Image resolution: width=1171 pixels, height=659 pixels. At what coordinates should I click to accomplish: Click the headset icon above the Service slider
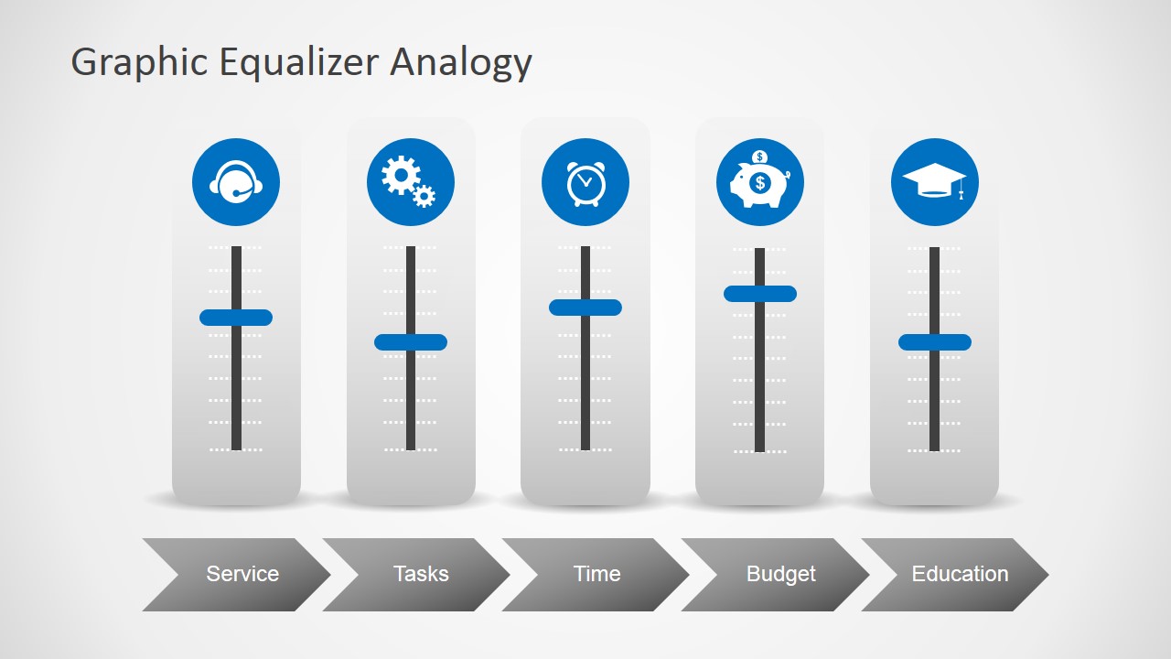[236, 182]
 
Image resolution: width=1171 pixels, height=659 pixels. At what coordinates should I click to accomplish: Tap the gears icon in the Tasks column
[410, 182]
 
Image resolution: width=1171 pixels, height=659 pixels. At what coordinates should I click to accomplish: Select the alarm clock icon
[585, 182]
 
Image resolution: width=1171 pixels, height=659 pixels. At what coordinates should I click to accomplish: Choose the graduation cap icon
[934, 182]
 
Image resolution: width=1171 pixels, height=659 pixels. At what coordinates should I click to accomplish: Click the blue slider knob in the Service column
[236, 318]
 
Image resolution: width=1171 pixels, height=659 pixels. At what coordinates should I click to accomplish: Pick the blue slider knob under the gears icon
[411, 342]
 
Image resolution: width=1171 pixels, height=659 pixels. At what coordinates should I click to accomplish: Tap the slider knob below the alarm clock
[585, 308]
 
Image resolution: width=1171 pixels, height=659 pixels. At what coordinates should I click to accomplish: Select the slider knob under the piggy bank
[760, 294]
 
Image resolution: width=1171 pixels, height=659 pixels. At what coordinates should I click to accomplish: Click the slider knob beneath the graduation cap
[935, 342]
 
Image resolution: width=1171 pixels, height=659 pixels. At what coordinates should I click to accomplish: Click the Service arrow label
[242, 574]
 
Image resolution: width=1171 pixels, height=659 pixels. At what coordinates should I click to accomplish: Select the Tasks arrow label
[421, 574]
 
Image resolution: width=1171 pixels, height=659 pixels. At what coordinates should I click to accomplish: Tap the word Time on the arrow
[596, 574]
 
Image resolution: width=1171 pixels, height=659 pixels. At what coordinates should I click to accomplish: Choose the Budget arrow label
[780, 574]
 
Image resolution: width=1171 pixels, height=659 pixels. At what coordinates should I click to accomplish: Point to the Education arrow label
[960, 574]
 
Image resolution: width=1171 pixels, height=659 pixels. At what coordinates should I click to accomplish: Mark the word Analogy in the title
[461, 63]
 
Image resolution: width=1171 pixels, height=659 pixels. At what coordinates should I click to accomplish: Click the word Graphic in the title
[139, 63]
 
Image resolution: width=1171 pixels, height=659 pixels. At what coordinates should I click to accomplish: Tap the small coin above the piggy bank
[759, 157]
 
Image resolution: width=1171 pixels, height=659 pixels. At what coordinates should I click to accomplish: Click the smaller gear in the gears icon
[424, 195]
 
